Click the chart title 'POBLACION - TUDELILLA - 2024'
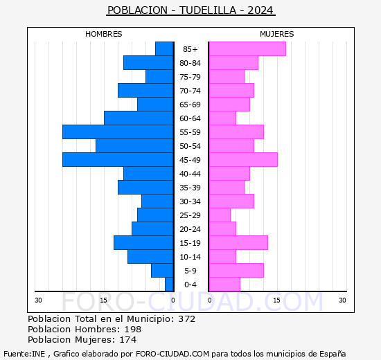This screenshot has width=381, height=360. point(190,10)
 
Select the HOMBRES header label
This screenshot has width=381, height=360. point(104,34)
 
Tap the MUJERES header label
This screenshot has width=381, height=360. point(276,34)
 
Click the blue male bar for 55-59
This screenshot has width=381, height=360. point(118,132)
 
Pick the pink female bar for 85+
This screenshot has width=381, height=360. point(247,49)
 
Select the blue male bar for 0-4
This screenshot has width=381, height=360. point(169,285)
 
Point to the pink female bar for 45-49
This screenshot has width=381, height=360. point(242,160)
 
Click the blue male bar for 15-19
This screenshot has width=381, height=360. point(143,243)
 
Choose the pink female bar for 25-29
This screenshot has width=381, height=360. point(219,215)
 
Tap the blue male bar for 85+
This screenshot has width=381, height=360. point(164,49)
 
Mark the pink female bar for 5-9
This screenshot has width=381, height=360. point(236,271)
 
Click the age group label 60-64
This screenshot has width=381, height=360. point(190,118)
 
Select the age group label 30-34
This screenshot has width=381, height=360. point(190,201)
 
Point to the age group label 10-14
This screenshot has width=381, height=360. point(190,257)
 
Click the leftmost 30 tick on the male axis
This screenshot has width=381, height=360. point(38,300)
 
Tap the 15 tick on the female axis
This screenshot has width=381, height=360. point(276,300)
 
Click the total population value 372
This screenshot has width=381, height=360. point(186,319)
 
